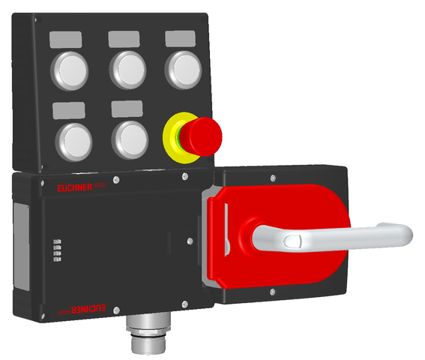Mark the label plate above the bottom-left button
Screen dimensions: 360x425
tap(69, 111)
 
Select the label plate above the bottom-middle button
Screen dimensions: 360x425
tap(127, 109)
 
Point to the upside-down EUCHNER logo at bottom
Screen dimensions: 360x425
tap(83, 307)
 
